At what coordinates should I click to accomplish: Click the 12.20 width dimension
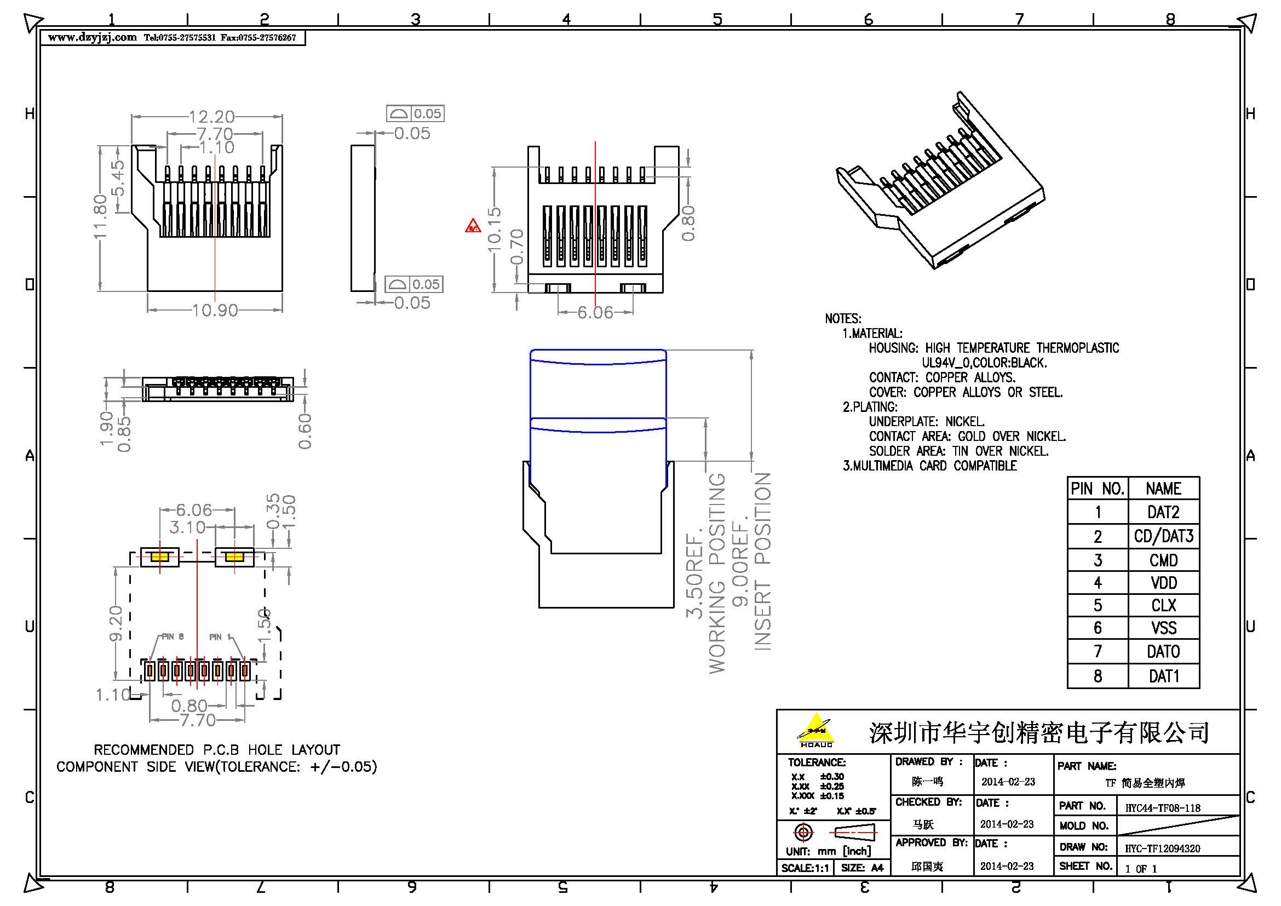tap(211, 117)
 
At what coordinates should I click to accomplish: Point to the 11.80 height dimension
tap(100, 216)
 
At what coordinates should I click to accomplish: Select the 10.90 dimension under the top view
tap(215, 310)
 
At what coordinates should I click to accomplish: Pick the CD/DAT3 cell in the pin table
tap(1163, 536)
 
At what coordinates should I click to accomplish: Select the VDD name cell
tap(1163, 583)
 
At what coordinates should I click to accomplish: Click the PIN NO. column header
tap(1097, 489)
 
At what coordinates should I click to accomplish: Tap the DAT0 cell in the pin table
tap(1163, 652)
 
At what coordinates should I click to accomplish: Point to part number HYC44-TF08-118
tap(1163, 807)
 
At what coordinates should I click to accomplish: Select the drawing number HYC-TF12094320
tap(1162, 848)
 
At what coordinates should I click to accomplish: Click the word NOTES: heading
tap(843, 319)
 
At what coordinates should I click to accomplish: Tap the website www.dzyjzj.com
tap(92, 38)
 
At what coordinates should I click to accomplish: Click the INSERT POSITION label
tap(763, 561)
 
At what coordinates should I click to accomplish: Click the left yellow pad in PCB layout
tap(159, 557)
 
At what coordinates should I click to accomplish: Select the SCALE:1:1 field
tap(804, 868)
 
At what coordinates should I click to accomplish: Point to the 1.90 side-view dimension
tap(107, 428)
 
